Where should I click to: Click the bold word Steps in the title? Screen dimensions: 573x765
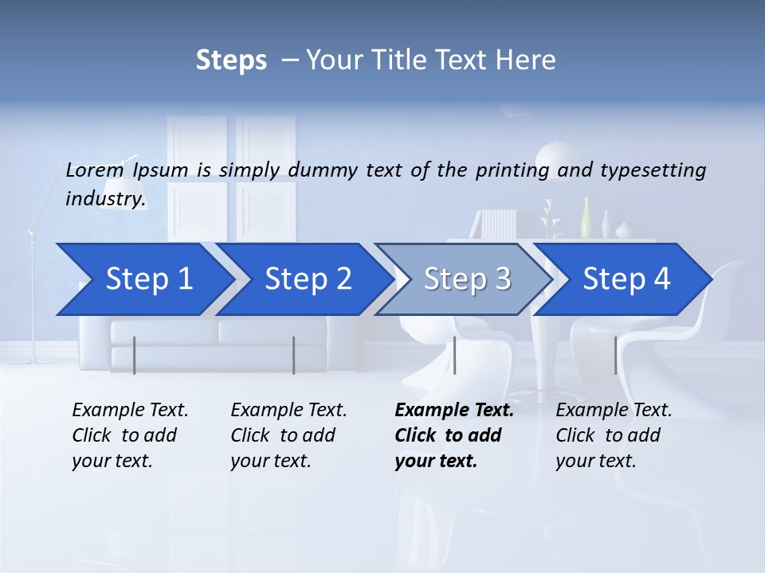[x=231, y=60]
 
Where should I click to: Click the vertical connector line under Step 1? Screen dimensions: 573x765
[x=135, y=355]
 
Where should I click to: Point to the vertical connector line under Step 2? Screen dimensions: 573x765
[x=294, y=355]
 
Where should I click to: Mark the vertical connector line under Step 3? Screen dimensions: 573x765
[x=454, y=355]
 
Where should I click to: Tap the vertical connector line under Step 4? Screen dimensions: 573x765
[x=615, y=355]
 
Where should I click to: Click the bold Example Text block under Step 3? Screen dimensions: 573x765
[x=454, y=435]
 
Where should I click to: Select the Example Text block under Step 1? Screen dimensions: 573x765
[x=130, y=435]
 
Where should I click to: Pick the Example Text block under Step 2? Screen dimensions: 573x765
[x=288, y=435]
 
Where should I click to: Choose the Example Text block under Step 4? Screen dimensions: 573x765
[x=614, y=435]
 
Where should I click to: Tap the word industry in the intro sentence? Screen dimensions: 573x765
[x=105, y=199]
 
